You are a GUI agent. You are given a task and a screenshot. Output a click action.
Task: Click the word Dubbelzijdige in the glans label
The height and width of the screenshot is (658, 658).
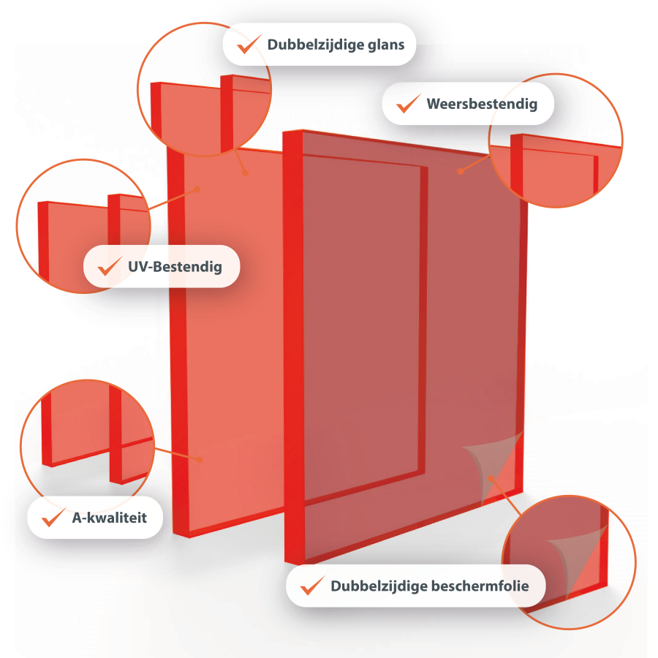point(316,45)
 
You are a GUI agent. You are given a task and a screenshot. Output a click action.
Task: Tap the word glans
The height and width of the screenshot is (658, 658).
point(386,45)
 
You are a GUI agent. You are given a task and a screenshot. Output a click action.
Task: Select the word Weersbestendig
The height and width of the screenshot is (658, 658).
point(483,104)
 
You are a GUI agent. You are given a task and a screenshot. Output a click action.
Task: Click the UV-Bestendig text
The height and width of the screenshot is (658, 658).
point(175,267)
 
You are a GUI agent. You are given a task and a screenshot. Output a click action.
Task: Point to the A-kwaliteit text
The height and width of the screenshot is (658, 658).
point(110,518)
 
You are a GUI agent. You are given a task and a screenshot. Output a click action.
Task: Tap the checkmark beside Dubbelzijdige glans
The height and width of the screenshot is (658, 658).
point(249,44)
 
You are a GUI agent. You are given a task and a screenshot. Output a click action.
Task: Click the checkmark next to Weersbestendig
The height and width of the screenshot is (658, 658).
point(409,103)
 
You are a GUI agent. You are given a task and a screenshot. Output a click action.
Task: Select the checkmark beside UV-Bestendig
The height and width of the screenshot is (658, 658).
point(110,266)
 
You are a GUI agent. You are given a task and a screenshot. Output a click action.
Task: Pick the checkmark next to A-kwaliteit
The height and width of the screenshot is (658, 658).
point(53,517)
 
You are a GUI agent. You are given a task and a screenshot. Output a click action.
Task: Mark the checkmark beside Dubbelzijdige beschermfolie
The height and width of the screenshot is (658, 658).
point(313,585)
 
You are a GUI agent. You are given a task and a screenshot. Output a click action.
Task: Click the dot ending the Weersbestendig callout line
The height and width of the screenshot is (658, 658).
point(461,171)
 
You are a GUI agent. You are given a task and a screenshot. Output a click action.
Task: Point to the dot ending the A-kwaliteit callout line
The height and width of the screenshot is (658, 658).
point(200,460)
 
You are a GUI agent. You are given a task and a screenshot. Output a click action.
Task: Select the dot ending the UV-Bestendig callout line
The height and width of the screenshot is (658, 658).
point(197,189)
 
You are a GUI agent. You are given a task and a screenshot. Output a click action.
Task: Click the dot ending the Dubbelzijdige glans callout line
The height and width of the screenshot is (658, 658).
point(246,173)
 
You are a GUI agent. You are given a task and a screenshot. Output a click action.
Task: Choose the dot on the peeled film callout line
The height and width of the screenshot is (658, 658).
point(491,478)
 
